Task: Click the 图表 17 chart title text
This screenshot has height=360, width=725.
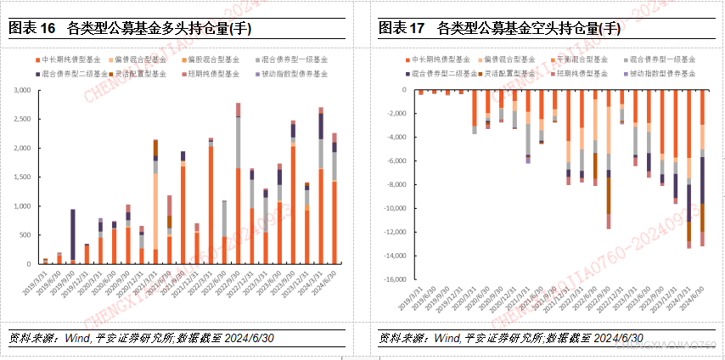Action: [x=500, y=28]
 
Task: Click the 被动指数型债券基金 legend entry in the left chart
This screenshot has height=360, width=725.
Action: [x=296, y=74]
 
